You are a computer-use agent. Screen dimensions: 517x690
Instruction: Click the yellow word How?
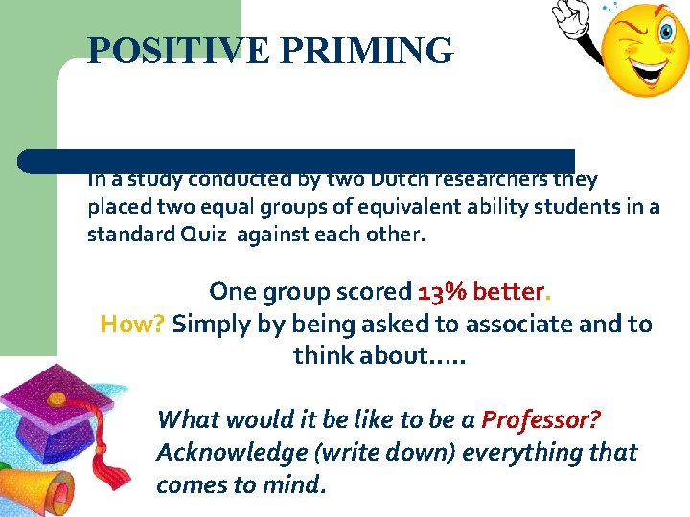133,324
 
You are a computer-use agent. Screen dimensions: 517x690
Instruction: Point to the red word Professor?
540,419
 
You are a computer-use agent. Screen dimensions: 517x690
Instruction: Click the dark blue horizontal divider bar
297,160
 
